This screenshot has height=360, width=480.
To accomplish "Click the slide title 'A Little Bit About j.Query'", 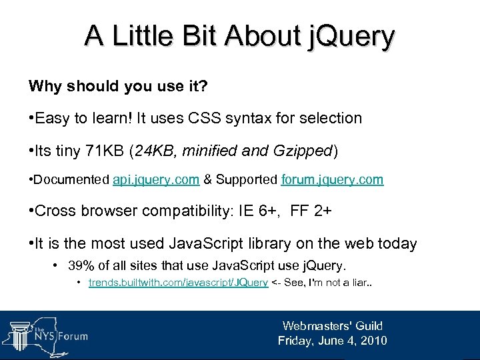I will (x=239, y=36).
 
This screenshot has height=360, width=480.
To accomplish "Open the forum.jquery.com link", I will (x=332, y=181).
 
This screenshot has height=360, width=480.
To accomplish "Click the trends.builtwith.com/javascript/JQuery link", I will (x=179, y=283).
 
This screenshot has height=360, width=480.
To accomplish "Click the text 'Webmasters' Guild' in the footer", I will (x=332, y=326).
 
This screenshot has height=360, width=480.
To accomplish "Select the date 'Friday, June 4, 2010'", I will (x=332, y=341).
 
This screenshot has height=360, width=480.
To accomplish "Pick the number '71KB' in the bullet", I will (x=103, y=151).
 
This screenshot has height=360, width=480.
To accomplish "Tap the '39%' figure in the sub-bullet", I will (x=81, y=266).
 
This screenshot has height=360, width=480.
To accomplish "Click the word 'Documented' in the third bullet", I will (x=72, y=181).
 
